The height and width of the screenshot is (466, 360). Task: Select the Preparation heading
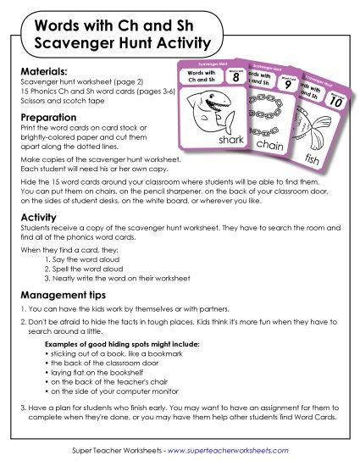click(x=48, y=118)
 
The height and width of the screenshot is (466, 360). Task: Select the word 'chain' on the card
click(x=276, y=145)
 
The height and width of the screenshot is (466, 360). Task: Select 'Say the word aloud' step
click(x=96, y=258)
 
